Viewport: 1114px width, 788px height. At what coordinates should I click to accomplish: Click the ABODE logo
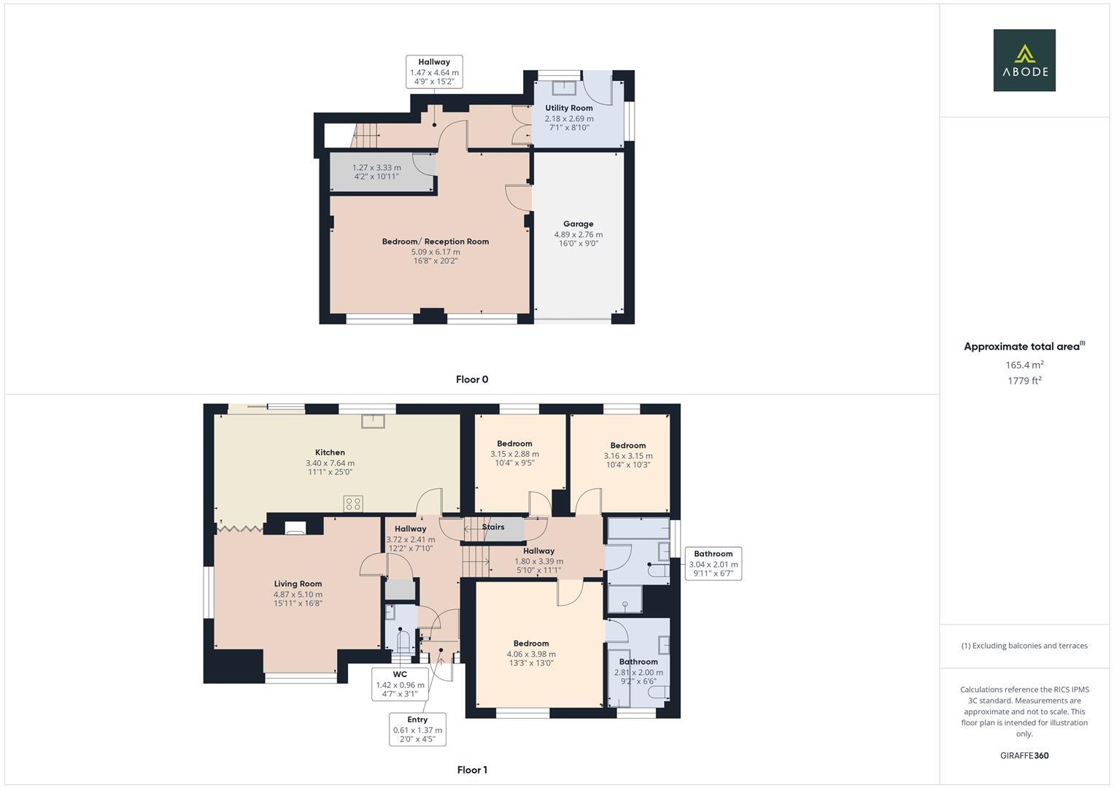pos(1024,60)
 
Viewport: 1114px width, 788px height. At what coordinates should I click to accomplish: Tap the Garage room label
pos(578,224)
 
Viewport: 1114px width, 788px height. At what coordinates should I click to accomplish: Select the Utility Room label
pos(569,108)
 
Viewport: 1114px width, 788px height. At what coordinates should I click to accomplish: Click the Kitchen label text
pos(330,452)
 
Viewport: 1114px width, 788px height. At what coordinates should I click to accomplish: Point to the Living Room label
pos(298,584)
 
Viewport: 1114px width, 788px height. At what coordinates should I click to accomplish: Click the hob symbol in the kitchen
pos(353,503)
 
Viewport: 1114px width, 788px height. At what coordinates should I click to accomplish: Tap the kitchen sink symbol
pos(372,420)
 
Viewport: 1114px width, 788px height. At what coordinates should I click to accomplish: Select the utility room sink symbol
pos(562,88)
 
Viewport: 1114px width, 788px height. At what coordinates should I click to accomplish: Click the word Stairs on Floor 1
pos(493,527)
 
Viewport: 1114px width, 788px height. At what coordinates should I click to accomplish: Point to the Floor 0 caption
pos(472,379)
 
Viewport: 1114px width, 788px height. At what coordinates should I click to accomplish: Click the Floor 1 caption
pos(472,770)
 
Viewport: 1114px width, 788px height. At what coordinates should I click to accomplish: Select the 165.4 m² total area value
pos(1024,365)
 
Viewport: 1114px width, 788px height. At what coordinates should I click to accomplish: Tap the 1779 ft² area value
pos(1024,380)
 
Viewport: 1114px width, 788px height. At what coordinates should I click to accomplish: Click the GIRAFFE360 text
pos(1024,755)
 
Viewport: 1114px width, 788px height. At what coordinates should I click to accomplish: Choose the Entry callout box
pos(417,729)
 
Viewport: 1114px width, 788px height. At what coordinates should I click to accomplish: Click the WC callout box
pos(400,684)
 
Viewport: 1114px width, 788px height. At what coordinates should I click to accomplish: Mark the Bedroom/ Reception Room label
pos(436,242)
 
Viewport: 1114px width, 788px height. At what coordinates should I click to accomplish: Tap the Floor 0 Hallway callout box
pos(434,72)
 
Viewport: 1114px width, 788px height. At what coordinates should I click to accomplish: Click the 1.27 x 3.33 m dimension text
pos(376,167)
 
